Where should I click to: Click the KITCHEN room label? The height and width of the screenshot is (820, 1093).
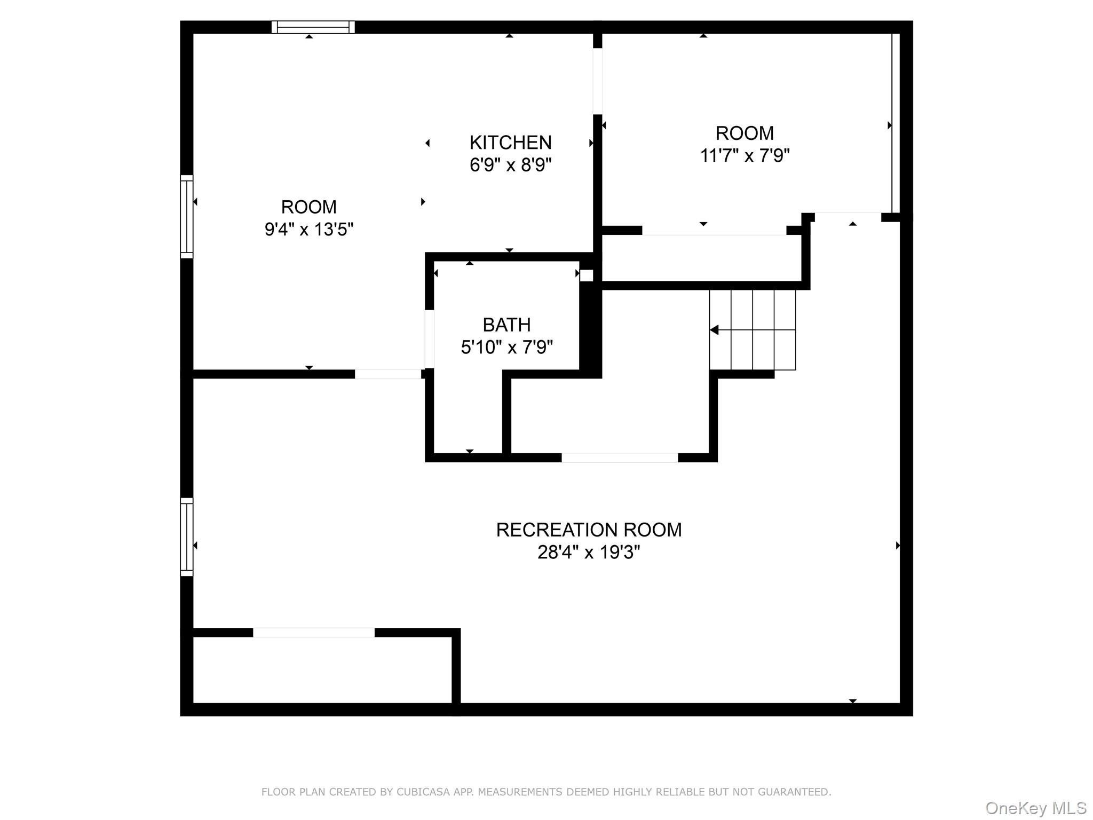pos(510,143)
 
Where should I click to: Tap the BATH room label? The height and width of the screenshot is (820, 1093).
pos(506,325)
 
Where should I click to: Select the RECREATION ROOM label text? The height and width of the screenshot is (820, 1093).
pos(589,530)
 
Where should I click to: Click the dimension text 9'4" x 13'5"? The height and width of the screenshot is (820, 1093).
pos(309,230)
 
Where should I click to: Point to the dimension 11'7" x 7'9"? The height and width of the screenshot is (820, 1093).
pos(744,156)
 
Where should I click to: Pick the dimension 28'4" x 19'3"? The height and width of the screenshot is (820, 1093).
pos(589,552)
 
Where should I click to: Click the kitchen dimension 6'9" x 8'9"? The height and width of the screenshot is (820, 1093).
pos(510,165)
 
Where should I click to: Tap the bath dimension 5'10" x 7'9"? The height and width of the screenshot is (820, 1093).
pos(506,348)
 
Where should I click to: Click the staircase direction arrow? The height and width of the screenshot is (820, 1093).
pos(715,330)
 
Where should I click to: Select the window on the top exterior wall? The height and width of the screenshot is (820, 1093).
pos(313,27)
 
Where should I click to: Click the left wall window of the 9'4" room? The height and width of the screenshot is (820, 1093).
pos(186,216)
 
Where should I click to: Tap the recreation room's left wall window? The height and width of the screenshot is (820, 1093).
pos(186,537)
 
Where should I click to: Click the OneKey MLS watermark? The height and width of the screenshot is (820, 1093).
pos(1035,808)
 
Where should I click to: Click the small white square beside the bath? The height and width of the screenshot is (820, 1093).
pos(586,275)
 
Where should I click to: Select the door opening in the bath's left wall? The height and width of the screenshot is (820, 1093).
pos(429,339)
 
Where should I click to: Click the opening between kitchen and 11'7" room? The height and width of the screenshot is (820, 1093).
pos(597,81)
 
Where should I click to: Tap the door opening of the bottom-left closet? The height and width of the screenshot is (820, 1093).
pos(314,633)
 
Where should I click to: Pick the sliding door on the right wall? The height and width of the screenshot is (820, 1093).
pos(895,123)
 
